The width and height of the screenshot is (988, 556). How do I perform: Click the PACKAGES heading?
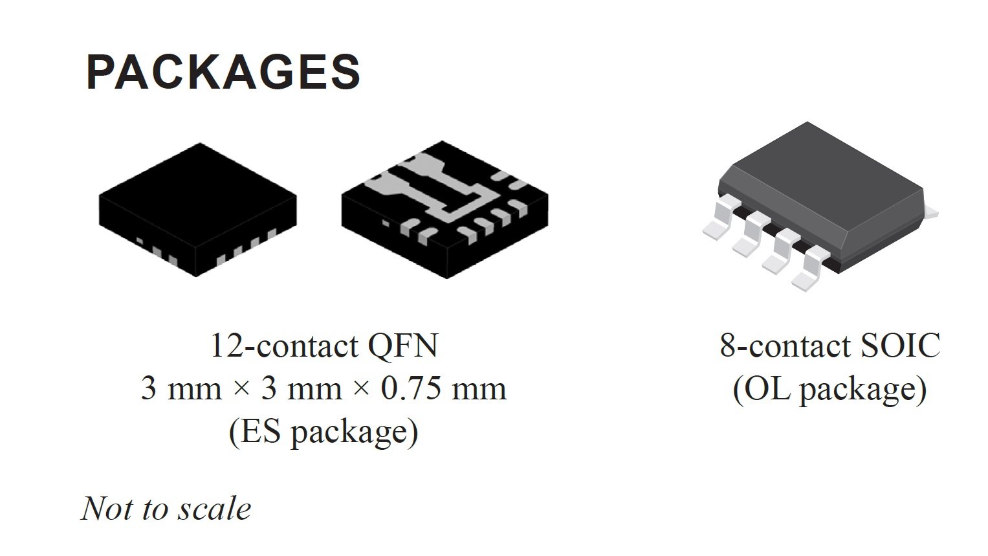click(x=223, y=72)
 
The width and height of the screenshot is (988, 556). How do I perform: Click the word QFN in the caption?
click(x=402, y=346)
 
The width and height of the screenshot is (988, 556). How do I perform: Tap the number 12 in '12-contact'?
click(x=226, y=345)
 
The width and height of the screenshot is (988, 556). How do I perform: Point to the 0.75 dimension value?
click(x=411, y=389)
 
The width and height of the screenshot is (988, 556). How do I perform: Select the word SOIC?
click(x=900, y=345)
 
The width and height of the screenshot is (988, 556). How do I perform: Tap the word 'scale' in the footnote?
click(x=215, y=509)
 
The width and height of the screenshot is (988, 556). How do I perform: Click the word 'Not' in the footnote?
click(x=107, y=509)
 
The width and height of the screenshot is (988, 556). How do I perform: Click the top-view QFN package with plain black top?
click(x=197, y=210)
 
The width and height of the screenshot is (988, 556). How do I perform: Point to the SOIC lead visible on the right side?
click(x=930, y=212)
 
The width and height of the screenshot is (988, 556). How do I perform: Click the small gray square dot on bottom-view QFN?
click(x=386, y=224)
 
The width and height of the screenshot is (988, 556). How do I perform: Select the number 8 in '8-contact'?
click(x=728, y=346)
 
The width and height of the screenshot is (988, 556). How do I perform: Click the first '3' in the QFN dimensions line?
click(x=149, y=389)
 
